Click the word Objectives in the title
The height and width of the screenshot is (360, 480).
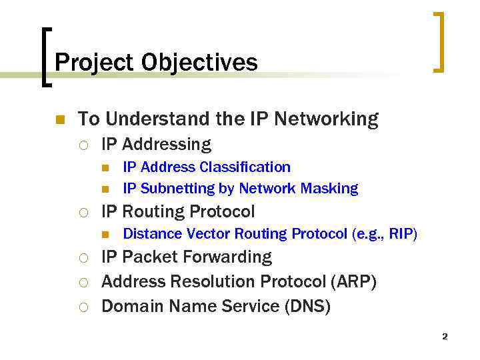click(199, 63)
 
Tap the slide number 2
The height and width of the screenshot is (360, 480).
click(445, 337)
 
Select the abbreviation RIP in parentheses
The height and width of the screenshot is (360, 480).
click(402, 234)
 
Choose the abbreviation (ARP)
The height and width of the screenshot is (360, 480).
click(354, 282)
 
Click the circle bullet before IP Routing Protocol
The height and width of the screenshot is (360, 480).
click(83, 213)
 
